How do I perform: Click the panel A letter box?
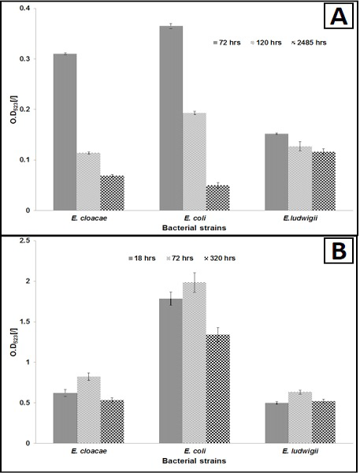[338, 16]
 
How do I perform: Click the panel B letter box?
[338, 251]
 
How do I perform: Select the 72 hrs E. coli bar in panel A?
[171, 118]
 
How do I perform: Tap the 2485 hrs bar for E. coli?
[217, 198]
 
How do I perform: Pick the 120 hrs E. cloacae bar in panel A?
[88, 181]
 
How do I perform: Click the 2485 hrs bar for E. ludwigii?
[324, 181]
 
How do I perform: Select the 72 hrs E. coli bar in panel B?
[195, 363]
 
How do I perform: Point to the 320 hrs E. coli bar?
[218, 389]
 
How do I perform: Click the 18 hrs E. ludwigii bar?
[276, 423]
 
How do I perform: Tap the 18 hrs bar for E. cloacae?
[65, 418]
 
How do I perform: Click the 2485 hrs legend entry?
[309, 43]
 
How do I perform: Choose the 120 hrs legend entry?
[266, 43]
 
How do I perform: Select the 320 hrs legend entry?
[220, 259]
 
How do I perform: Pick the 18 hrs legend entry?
[142, 259]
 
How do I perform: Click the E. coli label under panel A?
[195, 218]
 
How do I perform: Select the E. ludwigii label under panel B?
[300, 451]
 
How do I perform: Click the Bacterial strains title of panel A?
[194, 228]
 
